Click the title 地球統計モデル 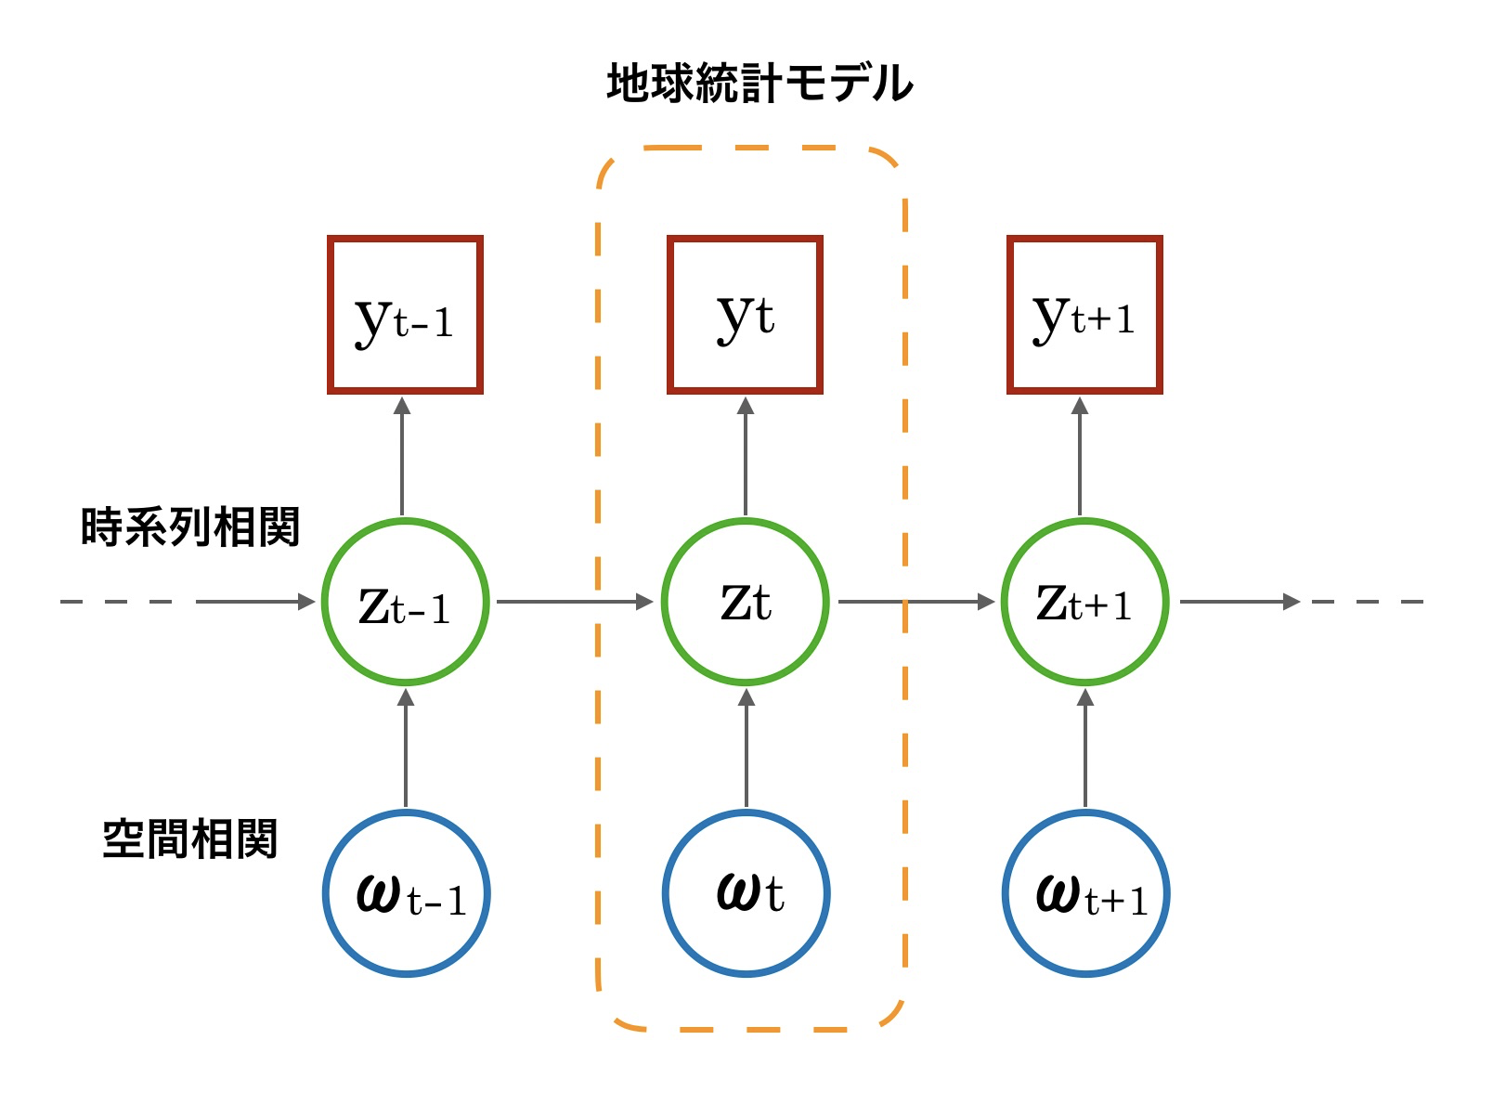[759, 84]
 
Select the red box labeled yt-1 [405, 315]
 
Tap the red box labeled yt [745, 315]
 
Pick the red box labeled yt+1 [1084, 315]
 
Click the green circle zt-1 [405, 602]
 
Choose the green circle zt [745, 602]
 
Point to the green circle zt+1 [1084, 602]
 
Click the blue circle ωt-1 [407, 893]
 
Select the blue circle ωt [747, 893]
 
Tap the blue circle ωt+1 [1086, 893]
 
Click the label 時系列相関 [190, 527]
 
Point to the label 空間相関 [190, 838]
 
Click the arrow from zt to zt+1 [915, 602]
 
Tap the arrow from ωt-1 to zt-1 [405, 748]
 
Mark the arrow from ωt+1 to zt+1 [1085, 748]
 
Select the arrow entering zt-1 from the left [255, 602]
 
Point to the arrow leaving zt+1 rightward [1240, 602]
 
